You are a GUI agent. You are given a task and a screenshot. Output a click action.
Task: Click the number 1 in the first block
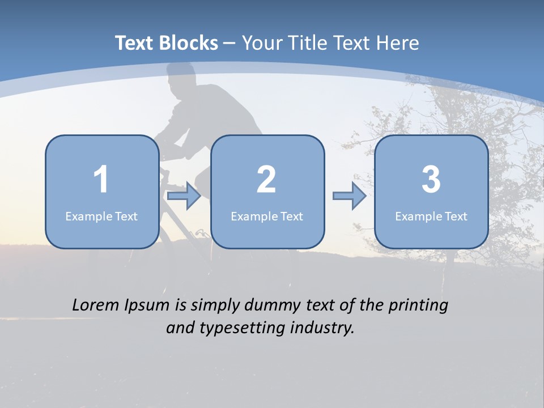[x=101, y=180]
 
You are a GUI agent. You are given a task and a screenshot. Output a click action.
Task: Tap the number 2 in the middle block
[x=266, y=180]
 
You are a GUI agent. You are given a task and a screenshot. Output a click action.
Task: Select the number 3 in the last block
[x=431, y=180]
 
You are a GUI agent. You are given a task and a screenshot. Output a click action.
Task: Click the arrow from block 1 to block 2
[x=184, y=196]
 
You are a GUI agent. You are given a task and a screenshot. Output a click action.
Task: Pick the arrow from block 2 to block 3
[x=350, y=196]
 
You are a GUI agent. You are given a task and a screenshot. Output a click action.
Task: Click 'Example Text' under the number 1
[x=101, y=216]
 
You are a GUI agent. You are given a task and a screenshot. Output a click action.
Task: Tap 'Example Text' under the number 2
[x=267, y=216]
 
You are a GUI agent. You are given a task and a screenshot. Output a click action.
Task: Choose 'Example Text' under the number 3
[x=431, y=216]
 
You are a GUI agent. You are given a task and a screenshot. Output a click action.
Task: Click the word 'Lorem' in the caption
[x=96, y=305]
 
